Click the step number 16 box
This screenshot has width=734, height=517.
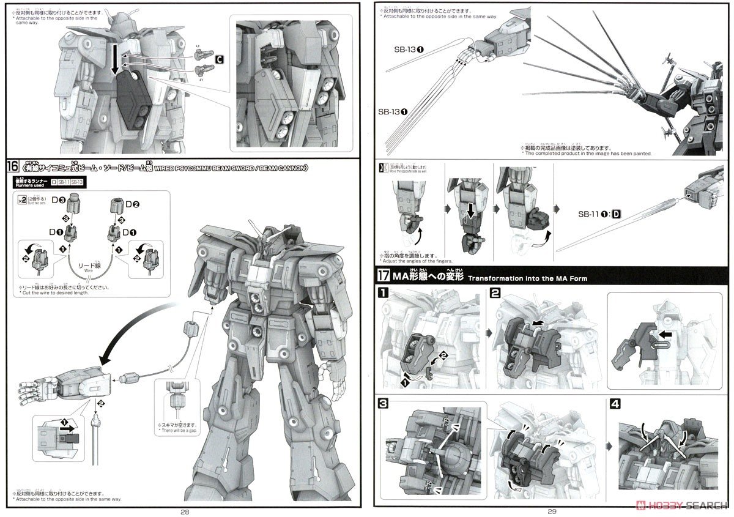[13, 166]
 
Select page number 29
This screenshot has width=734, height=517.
[553, 511]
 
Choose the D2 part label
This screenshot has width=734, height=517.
[134, 203]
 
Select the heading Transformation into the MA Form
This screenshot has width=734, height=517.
[527, 278]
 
